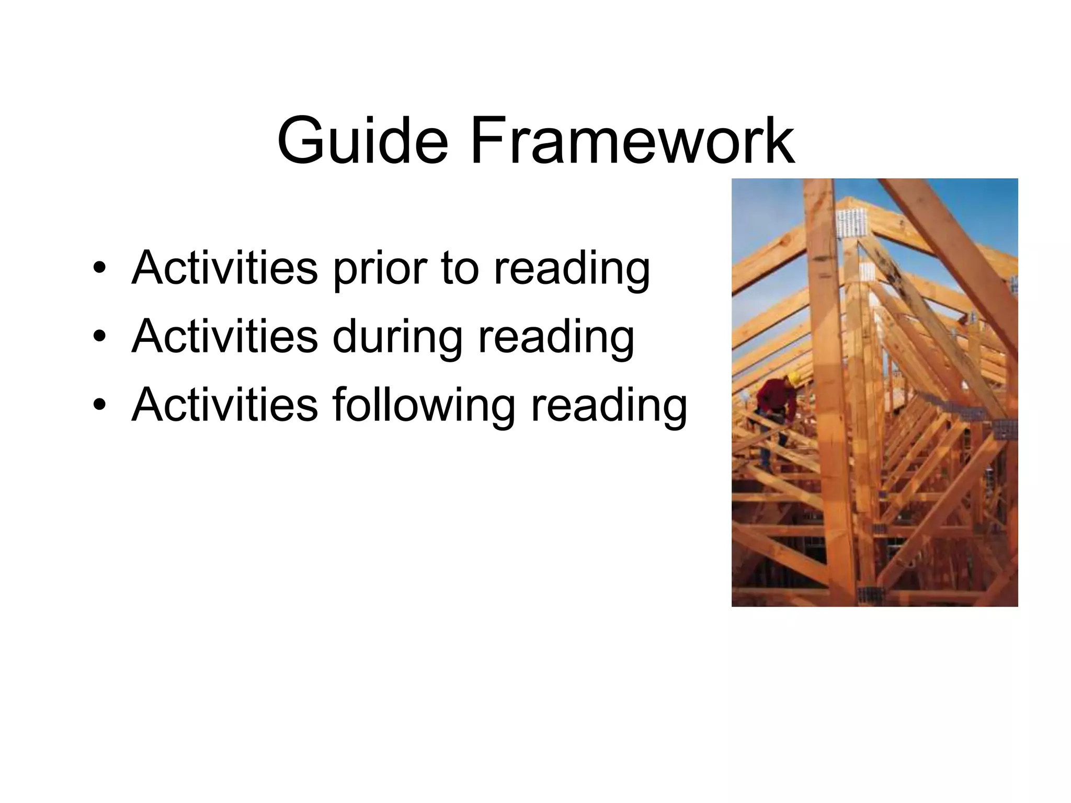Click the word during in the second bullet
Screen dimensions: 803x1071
pyautogui.click(x=397, y=338)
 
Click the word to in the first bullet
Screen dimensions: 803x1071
pyautogui.click(x=460, y=269)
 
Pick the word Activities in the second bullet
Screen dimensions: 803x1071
pyautogui.click(x=225, y=337)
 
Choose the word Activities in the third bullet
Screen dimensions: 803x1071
pyautogui.click(x=225, y=405)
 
